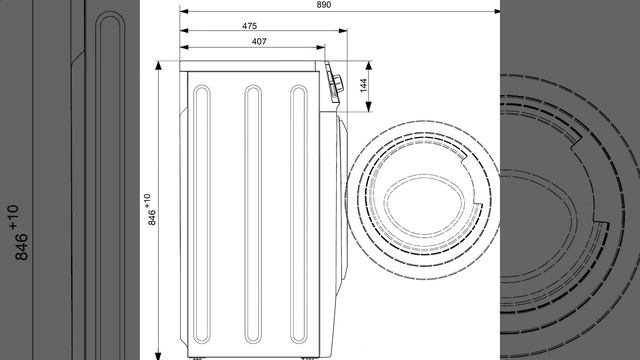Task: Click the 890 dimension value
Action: (324, 4)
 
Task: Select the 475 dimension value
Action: (249, 26)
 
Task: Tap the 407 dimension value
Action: (259, 41)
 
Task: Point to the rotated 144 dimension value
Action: (364, 85)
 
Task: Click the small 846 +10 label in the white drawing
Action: (149, 209)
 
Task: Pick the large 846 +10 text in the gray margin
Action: (17, 233)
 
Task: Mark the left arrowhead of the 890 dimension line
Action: (184, 11)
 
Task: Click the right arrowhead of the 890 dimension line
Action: (496, 11)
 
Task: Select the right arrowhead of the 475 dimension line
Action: (343, 31)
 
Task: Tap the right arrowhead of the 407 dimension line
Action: (321, 47)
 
